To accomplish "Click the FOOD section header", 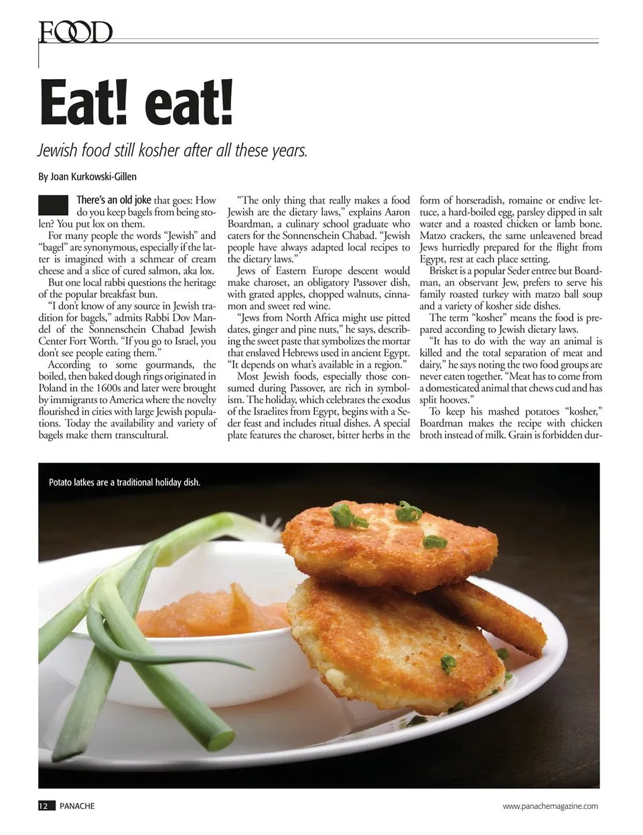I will tap(75, 32).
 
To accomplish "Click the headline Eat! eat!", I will tap(137, 102).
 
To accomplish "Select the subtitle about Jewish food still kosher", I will tap(172, 150).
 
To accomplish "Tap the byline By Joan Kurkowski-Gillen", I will tap(88, 177).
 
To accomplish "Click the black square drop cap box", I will tap(54, 206).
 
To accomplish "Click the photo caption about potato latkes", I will tap(125, 482).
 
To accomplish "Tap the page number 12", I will tap(44, 806).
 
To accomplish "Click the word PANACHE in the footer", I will tap(77, 806).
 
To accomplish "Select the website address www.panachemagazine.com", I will tap(550, 806).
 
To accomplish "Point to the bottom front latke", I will tap(395, 643).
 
